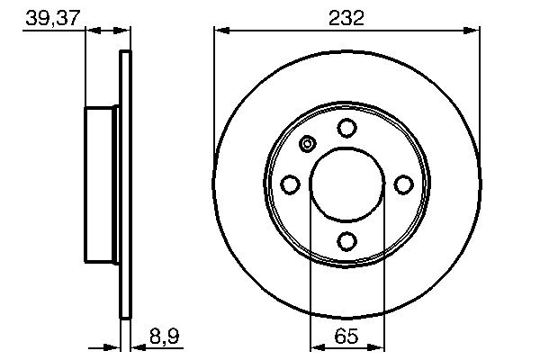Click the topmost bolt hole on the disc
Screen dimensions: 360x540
click(x=346, y=129)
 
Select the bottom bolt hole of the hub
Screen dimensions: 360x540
click(x=346, y=240)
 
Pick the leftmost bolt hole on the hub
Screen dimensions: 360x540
click(x=291, y=184)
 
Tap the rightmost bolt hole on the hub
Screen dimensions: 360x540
click(x=403, y=184)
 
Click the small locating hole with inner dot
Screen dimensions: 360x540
click(x=308, y=144)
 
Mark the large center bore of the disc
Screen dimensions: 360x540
click(x=346, y=184)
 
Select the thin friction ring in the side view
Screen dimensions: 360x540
click(x=125, y=184)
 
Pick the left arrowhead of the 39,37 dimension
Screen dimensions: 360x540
click(x=91, y=31)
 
